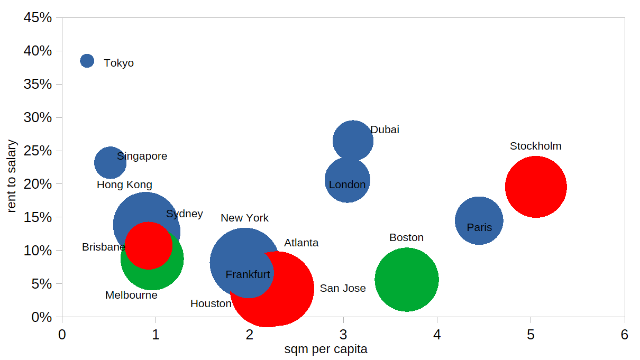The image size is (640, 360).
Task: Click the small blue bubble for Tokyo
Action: [87, 61]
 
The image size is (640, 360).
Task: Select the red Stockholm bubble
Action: [536, 187]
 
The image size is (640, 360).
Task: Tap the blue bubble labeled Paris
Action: [479, 220]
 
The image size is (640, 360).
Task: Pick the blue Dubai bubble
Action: [353, 141]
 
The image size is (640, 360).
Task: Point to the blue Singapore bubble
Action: [110, 163]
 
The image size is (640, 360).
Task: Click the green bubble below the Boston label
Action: [406, 279]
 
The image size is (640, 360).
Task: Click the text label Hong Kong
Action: [124, 185]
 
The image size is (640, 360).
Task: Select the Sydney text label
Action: [184, 214]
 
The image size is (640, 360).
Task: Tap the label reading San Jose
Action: [343, 289]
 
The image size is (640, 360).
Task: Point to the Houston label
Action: [211, 304]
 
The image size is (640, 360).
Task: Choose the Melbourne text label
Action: [131, 296]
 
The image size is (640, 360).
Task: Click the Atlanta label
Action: [301, 243]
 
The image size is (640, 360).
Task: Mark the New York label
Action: [244, 218]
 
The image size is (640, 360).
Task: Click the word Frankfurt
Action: [248, 275]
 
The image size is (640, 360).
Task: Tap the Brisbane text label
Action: [103, 247]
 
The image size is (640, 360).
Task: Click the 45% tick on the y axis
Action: [38, 18]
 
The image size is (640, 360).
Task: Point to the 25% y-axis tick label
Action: [38, 151]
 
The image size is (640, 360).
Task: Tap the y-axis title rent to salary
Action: [13, 176]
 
